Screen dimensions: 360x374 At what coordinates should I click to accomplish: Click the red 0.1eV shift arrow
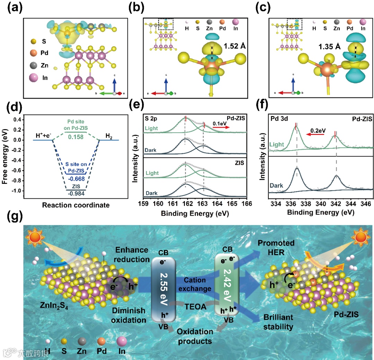221,127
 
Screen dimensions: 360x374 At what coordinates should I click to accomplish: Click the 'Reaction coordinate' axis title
76,205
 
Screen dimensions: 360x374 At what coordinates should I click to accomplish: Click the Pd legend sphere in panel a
34,53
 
